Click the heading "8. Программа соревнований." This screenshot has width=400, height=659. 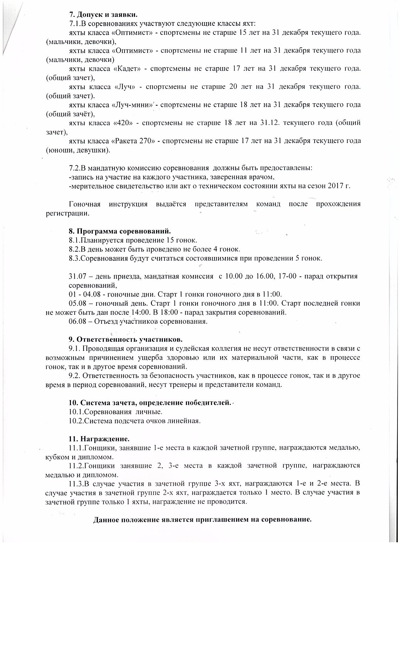click(120, 231)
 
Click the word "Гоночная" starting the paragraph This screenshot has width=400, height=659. click(85, 204)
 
